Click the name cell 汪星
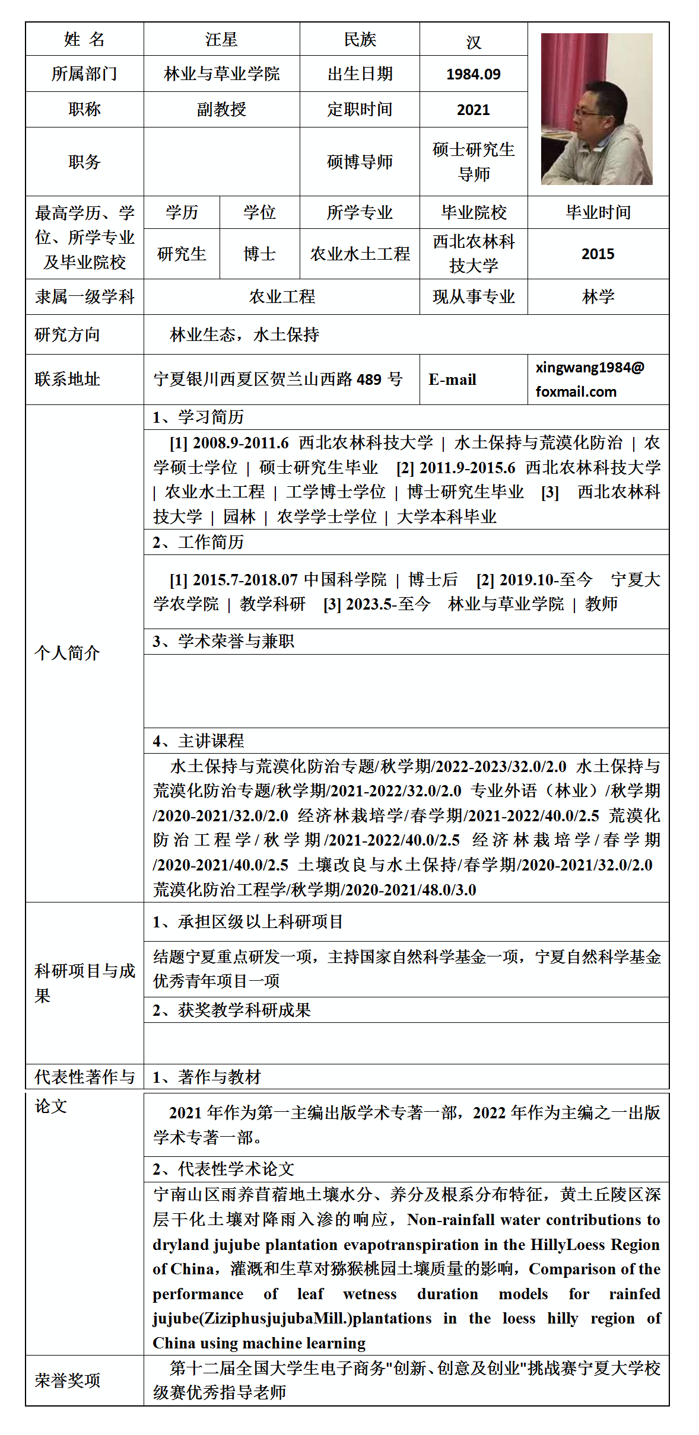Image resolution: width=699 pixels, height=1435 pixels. [x=221, y=40]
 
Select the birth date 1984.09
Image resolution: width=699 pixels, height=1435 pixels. [x=473, y=74]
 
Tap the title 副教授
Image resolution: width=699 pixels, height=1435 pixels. [x=221, y=110]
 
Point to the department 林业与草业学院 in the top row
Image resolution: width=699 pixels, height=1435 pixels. [x=221, y=74]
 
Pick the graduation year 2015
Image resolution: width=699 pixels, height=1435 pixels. [x=598, y=254]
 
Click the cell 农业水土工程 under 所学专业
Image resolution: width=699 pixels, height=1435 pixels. [x=360, y=254]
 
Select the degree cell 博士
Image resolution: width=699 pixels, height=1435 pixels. [x=259, y=254]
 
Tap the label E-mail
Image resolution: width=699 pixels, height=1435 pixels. [x=452, y=380]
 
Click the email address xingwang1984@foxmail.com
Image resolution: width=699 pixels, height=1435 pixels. [x=589, y=380]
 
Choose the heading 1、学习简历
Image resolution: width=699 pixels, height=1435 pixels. [x=198, y=417]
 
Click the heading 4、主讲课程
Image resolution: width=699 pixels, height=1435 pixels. [x=198, y=741]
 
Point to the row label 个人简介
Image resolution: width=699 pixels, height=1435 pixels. [x=67, y=653]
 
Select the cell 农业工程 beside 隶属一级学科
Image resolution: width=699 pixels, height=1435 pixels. [x=282, y=297]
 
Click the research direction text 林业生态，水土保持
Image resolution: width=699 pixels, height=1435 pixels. [x=244, y=335]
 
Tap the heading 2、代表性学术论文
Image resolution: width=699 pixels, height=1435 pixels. [x=223, y=1169]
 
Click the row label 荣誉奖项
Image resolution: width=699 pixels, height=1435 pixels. [x=67, y=1380]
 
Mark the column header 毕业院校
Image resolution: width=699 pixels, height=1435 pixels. [x=474, y=213]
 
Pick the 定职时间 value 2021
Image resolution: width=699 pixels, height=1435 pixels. [x=473, y=110]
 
